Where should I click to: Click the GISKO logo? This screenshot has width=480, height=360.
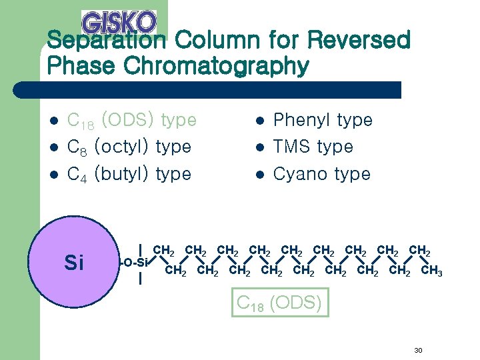(119, 21)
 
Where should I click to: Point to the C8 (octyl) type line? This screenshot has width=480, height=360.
(129, 147)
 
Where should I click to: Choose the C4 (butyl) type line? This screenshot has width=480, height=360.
(129, 174)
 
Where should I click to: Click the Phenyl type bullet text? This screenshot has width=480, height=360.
(323, 120)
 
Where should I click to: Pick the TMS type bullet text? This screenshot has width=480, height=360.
(313, 147)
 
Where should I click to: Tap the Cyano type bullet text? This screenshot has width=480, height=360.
(322, 174)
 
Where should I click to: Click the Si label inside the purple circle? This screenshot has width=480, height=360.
(74, 263)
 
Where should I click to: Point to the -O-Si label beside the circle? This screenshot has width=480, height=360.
(135, 262)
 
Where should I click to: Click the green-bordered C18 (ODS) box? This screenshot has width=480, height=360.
(280, 303)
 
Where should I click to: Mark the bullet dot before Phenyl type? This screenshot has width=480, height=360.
(261, 121)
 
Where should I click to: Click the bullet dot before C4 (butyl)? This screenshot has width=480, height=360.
(55, 175)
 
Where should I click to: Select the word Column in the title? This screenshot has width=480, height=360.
(214, 41)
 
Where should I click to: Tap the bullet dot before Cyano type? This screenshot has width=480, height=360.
(261, 175)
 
